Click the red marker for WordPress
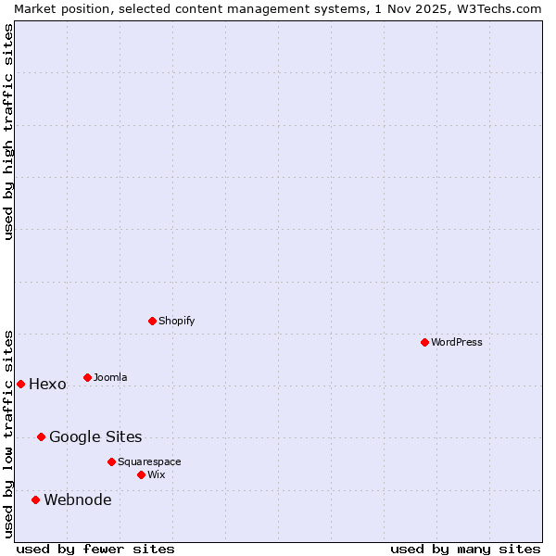[424, 342]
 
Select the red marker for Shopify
[152, 321]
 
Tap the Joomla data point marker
[87, 377]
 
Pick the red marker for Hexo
[20, 384]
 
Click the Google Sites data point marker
[41, 436]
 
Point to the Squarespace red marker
[111, 461]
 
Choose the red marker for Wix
[141, 474]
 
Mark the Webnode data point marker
[35, 499]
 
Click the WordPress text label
[457, 342]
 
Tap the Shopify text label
[176, 321]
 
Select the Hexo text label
[47, 385]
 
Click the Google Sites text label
[95, 437]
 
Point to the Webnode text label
[78, 500]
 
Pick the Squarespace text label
[149, 461]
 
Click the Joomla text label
[110, 377]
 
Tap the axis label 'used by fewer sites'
[95, 549]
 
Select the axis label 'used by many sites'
[465, 549]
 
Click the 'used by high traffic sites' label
[8, 132]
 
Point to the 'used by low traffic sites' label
[8, 433]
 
